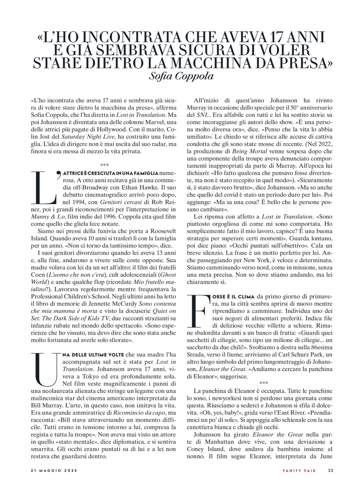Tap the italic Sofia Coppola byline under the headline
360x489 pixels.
pos(181,76)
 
